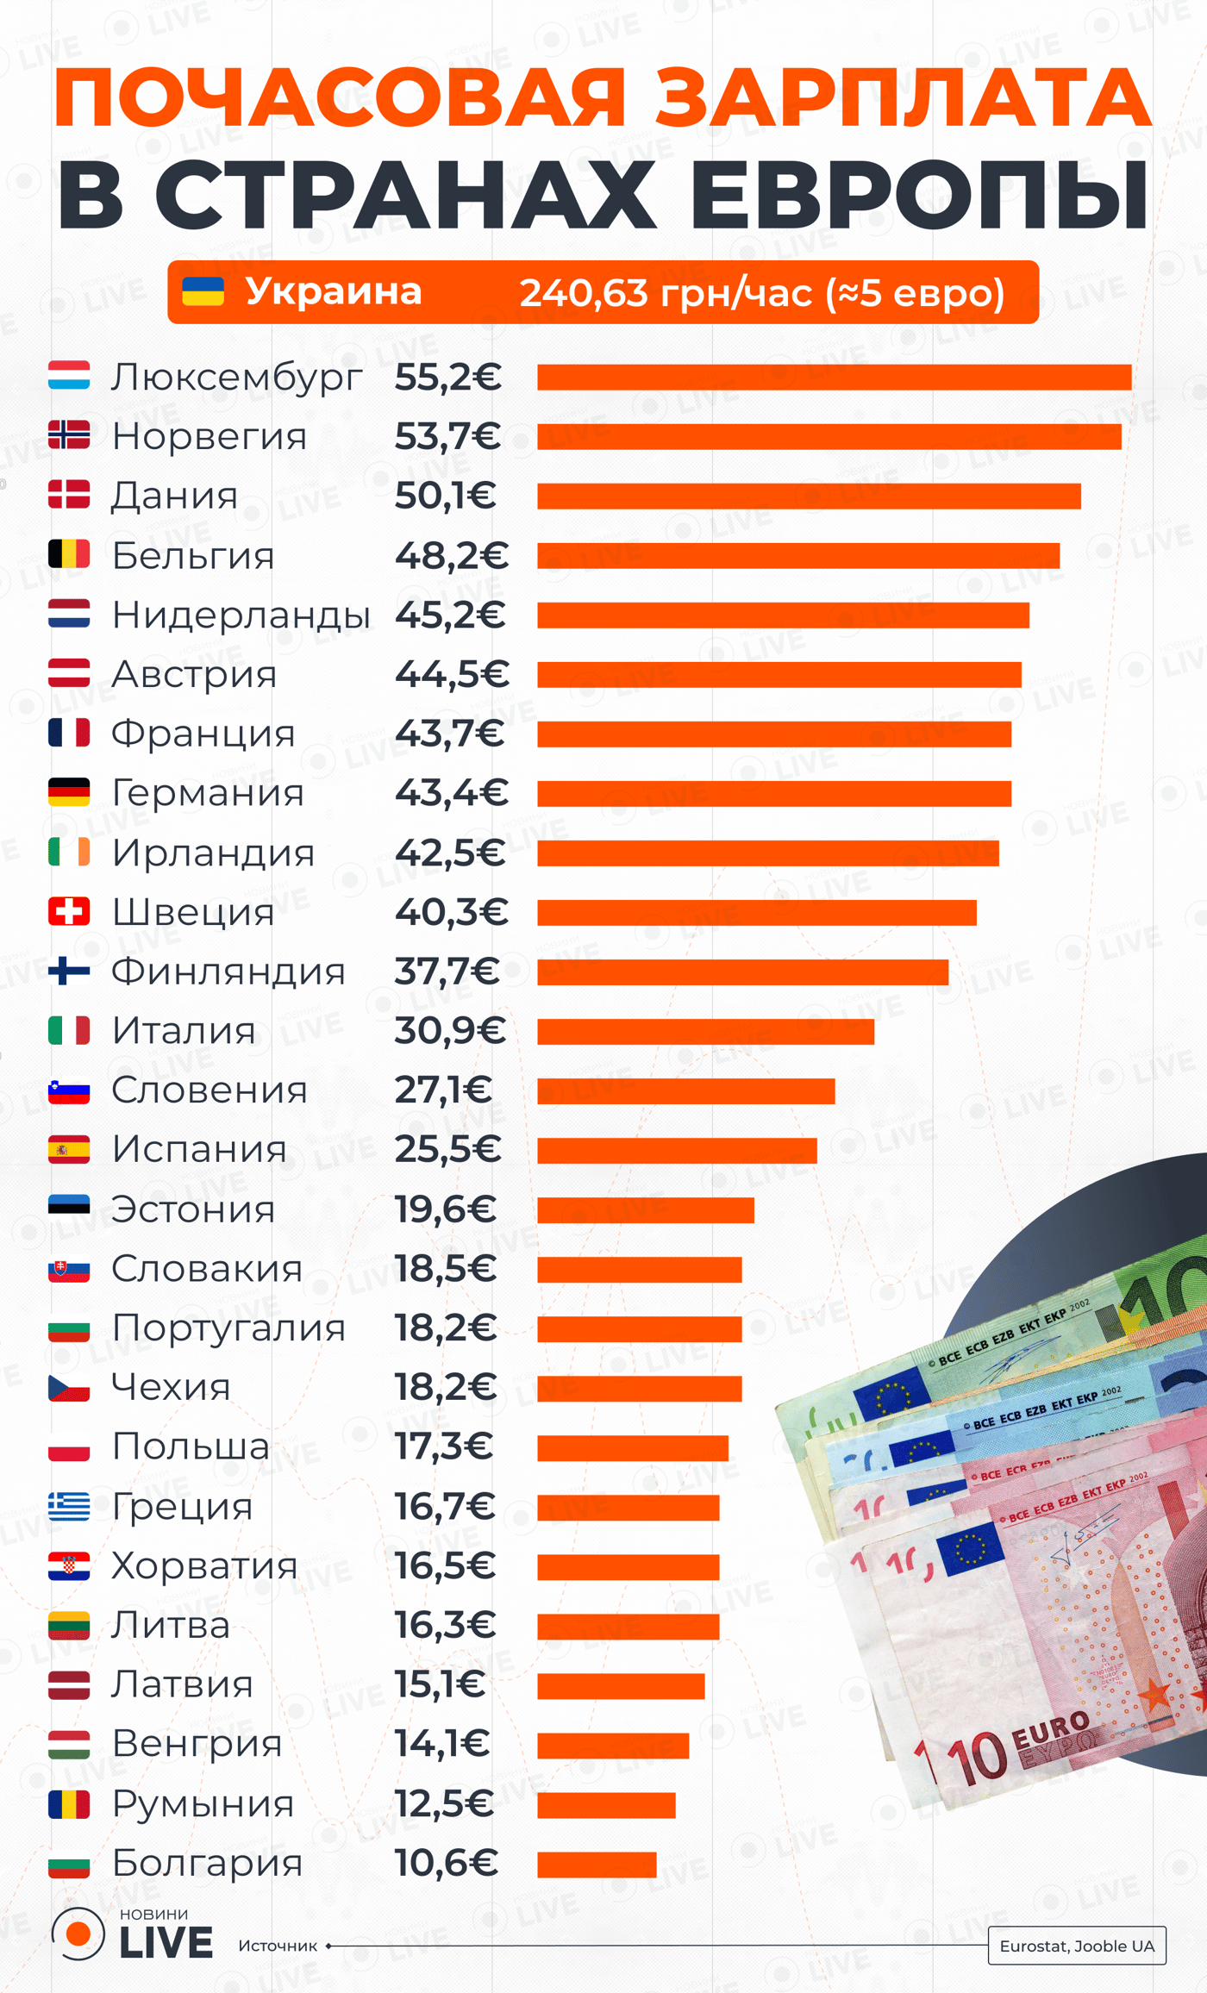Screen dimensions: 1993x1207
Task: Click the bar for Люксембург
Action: (834, 378)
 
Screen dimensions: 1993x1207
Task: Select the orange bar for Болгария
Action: (597, 1865)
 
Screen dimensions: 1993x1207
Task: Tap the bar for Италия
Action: (705, 1032)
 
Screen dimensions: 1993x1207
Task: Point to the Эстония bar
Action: (645, 1210)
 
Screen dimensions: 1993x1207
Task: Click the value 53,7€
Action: (447, 437)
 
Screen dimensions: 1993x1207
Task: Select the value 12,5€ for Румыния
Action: (444, 1804)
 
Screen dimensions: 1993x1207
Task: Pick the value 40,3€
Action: (451, 913)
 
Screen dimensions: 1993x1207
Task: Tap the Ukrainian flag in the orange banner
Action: (203, 292)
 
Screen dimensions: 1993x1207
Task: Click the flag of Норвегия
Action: (69, 435)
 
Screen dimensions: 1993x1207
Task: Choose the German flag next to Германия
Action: (69, 792)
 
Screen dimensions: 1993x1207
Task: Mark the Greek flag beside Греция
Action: (69, 1507)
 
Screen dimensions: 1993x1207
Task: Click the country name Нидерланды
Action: (241, 615)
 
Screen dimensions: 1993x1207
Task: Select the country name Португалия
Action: (228, 1328)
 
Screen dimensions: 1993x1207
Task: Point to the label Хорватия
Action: (204, 1566)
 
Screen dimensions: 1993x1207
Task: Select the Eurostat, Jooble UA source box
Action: (1077, 1946)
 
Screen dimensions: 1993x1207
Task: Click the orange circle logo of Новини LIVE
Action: (78, 1934)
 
